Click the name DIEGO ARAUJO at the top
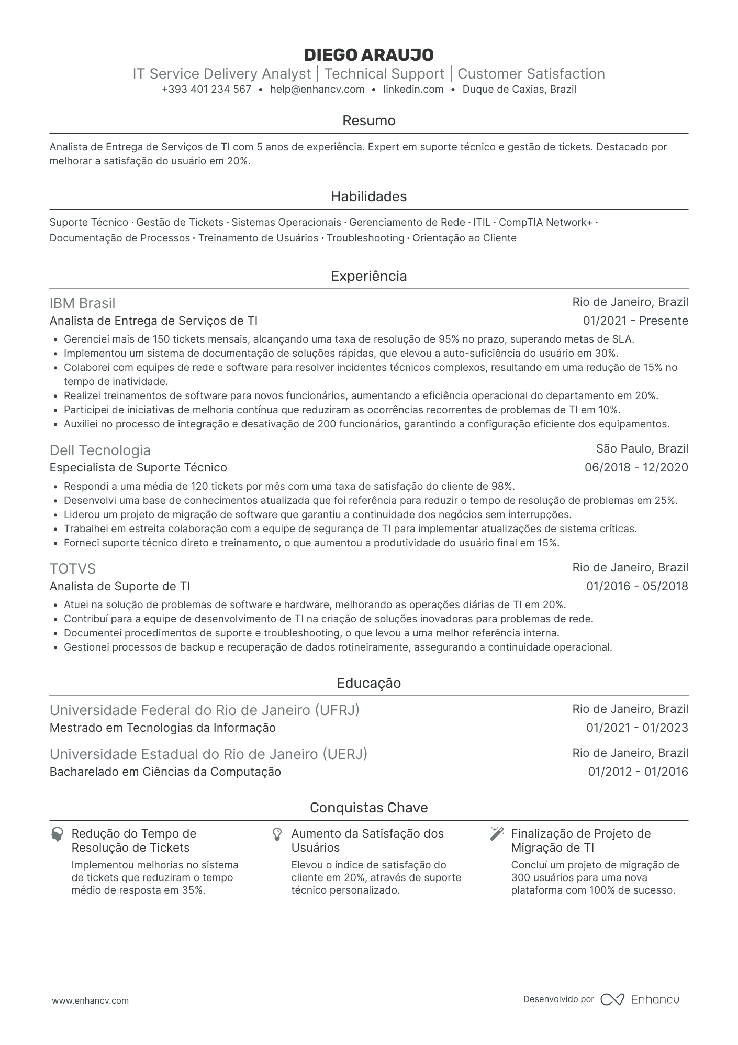[368, 54]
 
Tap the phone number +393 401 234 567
[206, 89]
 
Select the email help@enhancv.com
[317, 89]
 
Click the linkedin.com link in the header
[413, 89]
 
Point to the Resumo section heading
[368, 120]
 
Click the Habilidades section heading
[368, 196]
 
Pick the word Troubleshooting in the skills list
[365, 238]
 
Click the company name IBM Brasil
[82, 303]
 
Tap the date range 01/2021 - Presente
[635, 321]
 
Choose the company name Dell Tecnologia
[100, 450]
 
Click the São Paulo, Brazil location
[642, 448]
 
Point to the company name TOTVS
[73, 569]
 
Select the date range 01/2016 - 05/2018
[637, 586]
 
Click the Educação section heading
[368, 683]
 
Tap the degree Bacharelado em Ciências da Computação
[165, 772]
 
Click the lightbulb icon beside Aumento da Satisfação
[277, 834]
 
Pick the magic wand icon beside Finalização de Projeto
[496, 834]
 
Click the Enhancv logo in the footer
[640, 999]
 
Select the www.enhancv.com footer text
[90, 1000]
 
